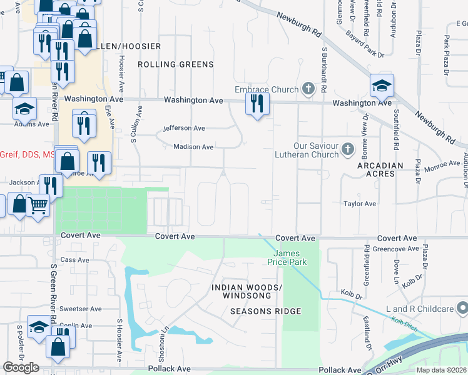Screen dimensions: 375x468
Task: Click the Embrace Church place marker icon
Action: tap(308, 89)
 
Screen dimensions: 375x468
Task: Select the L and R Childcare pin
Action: tap(462, 309)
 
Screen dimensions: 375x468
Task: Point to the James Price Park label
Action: tap(290, 257)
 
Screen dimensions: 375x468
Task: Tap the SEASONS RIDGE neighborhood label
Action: tap(265, 311)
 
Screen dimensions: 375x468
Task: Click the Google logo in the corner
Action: tap(21, 367)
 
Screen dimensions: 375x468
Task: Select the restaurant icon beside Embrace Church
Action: tap(257, 104)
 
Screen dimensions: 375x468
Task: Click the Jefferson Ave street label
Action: tap(184, 128)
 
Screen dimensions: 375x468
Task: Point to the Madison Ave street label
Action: tap(193, 147)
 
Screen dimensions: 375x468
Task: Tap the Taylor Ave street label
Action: tap(359, 204)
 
